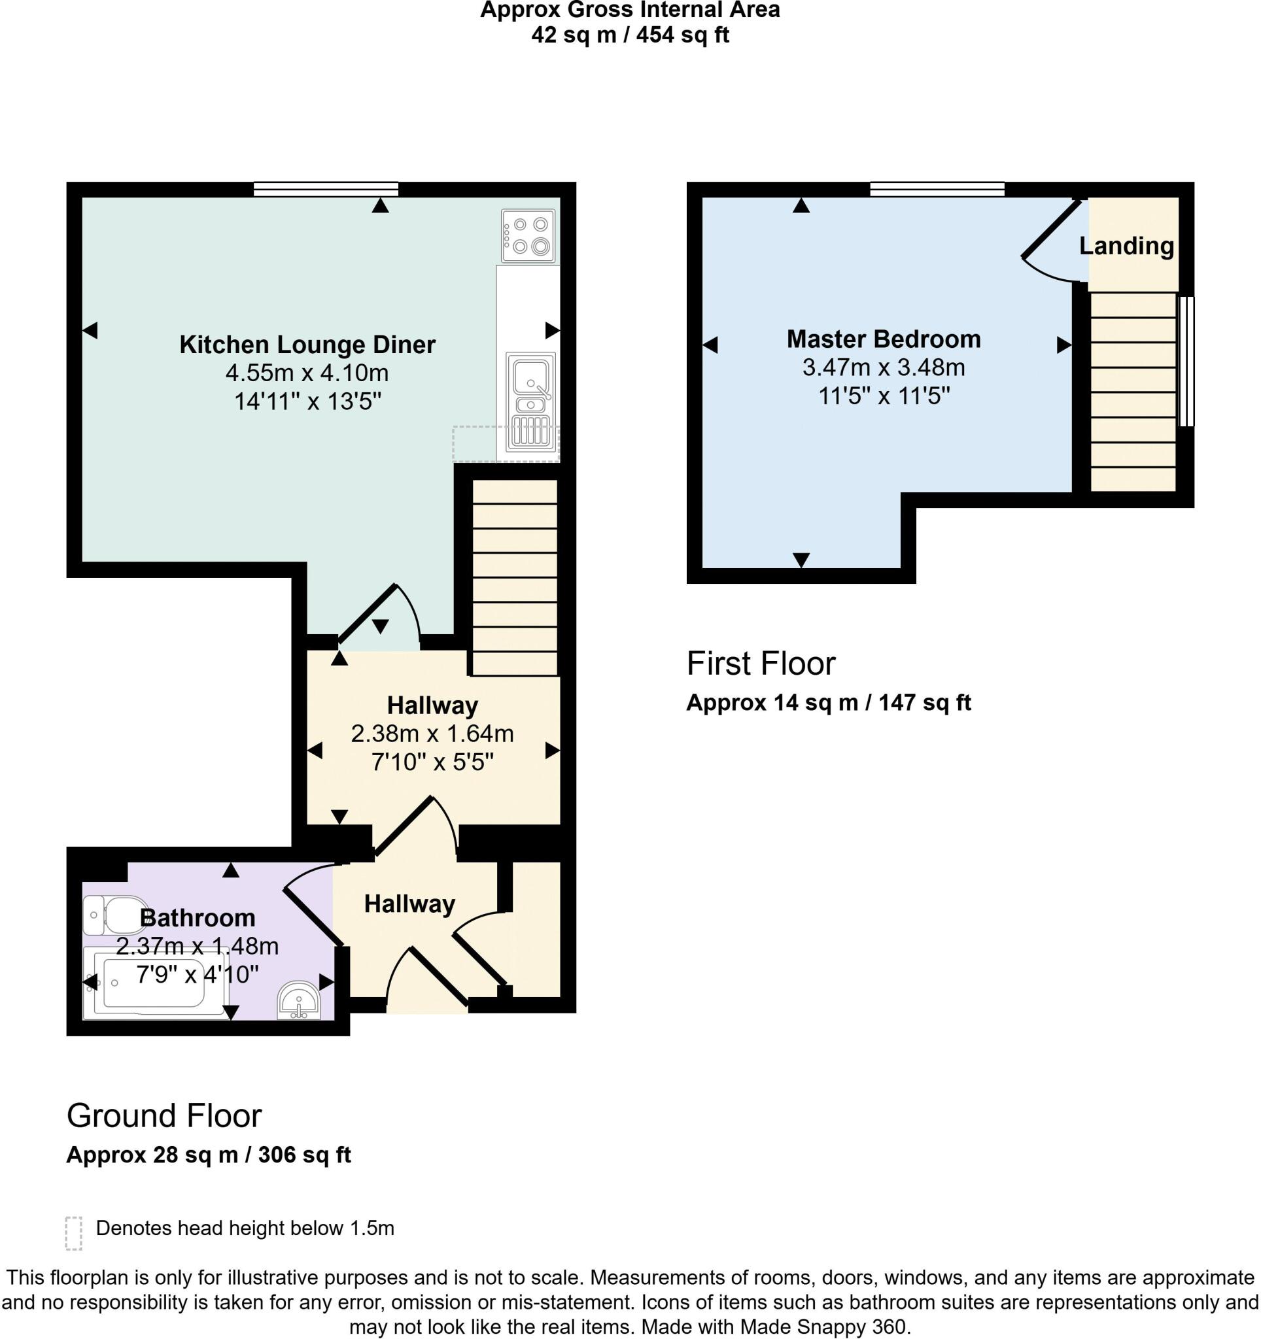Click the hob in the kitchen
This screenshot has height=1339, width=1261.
528,236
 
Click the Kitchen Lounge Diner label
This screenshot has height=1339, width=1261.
307,344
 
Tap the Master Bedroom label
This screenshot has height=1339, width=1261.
883,339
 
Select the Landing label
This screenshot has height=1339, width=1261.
1126,246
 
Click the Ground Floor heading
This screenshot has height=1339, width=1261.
164,1116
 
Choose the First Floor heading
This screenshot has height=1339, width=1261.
761,664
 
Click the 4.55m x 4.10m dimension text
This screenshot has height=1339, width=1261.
307,373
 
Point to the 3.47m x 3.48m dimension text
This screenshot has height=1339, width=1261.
883,367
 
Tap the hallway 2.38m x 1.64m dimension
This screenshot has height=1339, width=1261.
432,733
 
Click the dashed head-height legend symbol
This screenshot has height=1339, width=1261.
73,1233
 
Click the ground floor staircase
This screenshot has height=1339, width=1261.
515,577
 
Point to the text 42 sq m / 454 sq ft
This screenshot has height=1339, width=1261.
630,35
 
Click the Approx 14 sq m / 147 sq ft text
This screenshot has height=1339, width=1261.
828,702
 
